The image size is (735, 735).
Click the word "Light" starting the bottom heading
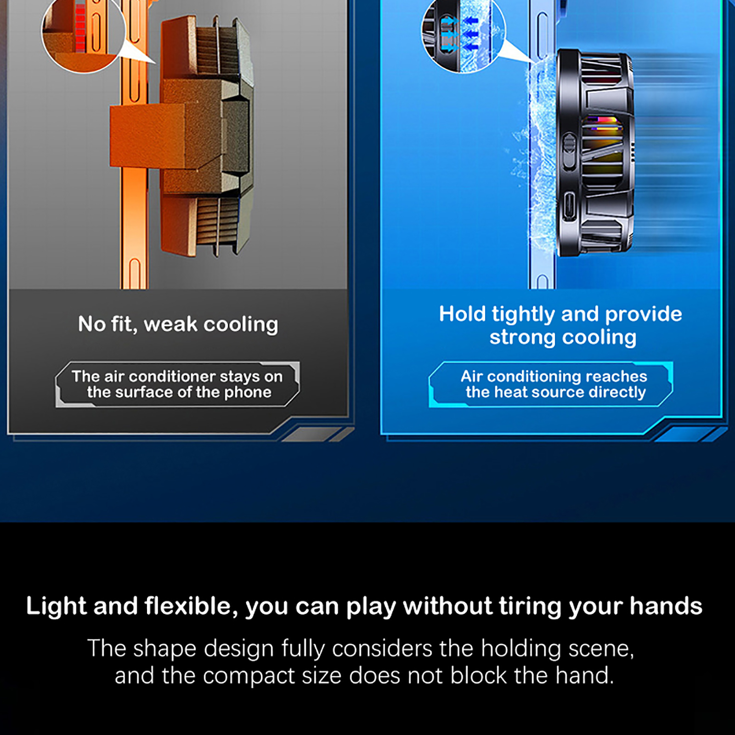pyautogui.click(x=56, y=606)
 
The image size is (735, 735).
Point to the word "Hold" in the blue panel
pyautogui.click(x=462, y=314)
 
